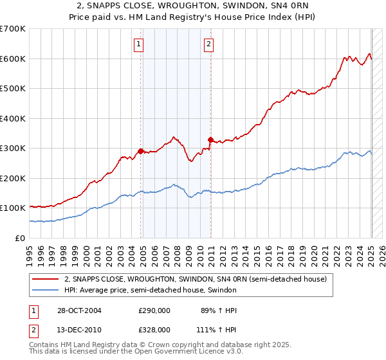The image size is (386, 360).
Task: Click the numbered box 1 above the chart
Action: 139,44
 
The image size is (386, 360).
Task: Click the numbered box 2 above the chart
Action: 209,44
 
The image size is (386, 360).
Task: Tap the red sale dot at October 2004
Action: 141,152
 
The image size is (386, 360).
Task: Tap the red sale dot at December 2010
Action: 210,139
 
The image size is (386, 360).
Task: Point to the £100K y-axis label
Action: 13,208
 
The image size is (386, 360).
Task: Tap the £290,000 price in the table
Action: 154,310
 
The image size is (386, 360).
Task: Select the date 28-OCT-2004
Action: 79,310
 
